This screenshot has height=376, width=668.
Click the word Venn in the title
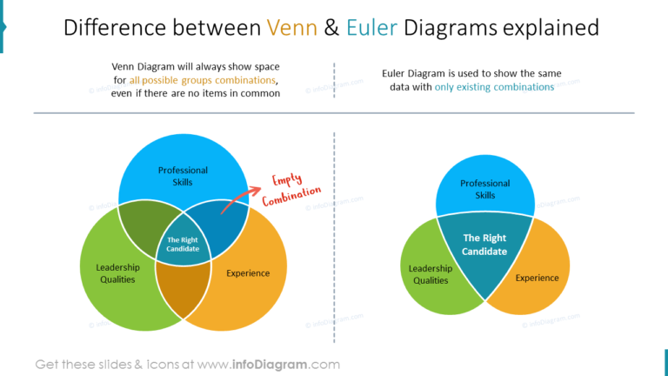(x=291, y=28)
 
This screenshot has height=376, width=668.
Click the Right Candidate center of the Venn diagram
(x=184, y=245)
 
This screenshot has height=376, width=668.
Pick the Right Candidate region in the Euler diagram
(x=484, y=247)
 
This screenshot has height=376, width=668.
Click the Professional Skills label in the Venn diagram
(x=183, y=176)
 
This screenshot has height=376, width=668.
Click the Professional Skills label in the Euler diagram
(x=484, y=189)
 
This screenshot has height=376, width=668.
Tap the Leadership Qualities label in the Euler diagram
(x=431, y=274)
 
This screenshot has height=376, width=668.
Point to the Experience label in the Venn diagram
(x=248, y=273)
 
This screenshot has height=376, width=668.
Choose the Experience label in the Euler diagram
(x=537, y=278)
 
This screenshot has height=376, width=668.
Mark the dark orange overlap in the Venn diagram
(x=184, y=292)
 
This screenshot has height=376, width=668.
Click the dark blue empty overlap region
(x=224, y=224)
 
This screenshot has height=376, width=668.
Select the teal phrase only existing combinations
(x=494, y=87)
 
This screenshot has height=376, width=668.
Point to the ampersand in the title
(x=331, y=28)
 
